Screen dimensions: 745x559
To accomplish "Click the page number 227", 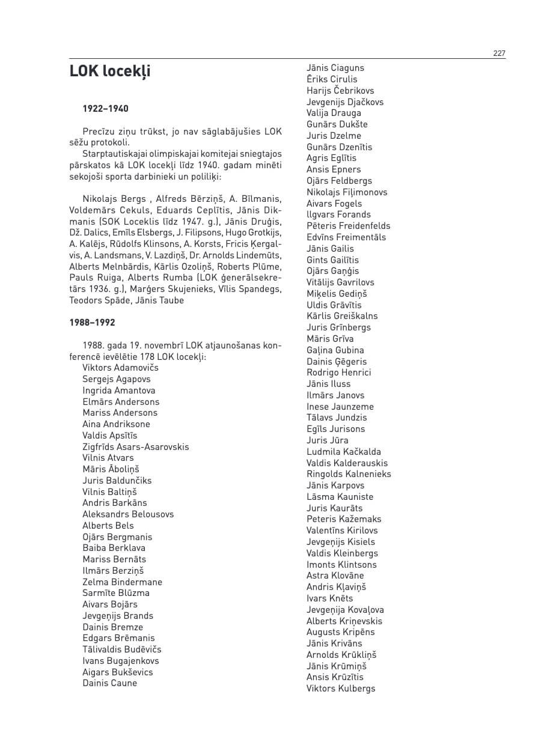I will [499, 53].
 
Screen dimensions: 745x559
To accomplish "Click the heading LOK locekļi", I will [110, 71].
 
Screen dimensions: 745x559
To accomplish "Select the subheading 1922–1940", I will [105, 109].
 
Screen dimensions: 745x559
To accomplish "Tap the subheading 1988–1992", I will [92, 323].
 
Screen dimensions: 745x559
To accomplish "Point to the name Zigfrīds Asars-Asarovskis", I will [135, 447].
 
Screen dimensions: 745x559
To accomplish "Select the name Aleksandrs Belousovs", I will [128, 514].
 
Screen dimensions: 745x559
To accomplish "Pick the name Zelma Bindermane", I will [122, 582].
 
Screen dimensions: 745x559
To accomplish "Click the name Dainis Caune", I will [109, 683].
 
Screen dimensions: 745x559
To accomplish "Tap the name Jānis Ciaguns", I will [335, 68].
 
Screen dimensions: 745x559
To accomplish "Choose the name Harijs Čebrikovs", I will [340, 91].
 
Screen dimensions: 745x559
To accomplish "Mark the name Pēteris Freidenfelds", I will [348, 226].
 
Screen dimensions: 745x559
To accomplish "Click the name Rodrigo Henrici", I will [339, 372].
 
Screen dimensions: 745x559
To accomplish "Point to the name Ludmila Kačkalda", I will [344, 452].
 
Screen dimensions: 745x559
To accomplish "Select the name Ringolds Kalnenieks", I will [349, 474].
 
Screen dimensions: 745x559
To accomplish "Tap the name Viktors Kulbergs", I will [341, 689].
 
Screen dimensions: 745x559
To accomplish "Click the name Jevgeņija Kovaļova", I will [345, 610].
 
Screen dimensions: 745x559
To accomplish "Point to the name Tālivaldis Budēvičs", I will [122, 649].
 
